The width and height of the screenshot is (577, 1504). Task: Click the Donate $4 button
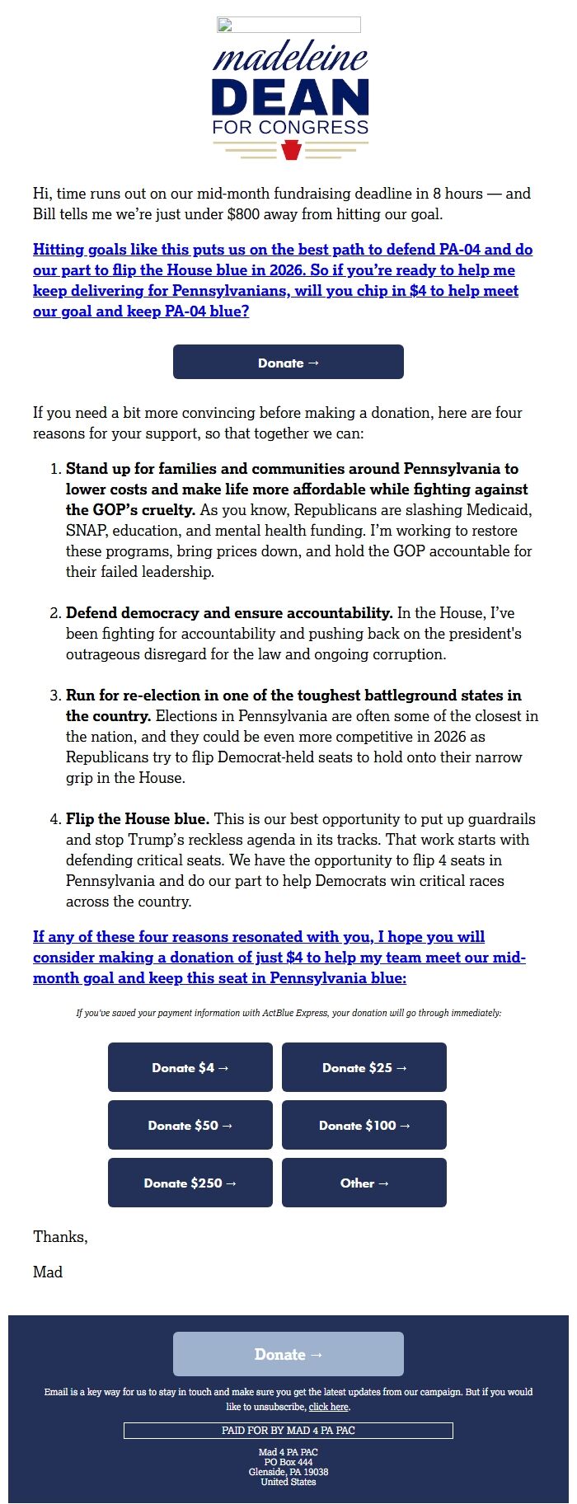[x=190, y=1067]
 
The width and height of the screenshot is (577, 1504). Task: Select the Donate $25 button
[x=364, y=1067]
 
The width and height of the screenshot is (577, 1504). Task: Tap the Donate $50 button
[x=190, y=1125]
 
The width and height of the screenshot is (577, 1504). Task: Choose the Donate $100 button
[x=364, y=1125]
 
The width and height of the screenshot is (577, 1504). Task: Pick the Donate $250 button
[x=190, y=1183]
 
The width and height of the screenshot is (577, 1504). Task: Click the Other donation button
[x=364, y=1183]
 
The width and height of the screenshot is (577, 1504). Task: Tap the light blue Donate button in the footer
[x=288, y=1354]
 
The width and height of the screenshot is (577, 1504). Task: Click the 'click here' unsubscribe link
[x=329, y=1407]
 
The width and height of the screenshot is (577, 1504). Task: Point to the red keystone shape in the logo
[x=290, y=149]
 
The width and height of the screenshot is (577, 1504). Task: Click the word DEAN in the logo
[x=290, y=97]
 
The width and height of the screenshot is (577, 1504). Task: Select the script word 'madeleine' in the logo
[x=290, y=58]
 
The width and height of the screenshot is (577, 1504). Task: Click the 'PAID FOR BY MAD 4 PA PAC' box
[x=288, y=1430]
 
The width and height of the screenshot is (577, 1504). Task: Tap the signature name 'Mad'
[x=48, y=1272]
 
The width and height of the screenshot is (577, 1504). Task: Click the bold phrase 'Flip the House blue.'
[x=138, y=818]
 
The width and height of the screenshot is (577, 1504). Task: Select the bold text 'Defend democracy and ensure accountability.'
[x=229, y=612]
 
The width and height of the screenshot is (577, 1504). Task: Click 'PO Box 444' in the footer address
[x=288, y=1462]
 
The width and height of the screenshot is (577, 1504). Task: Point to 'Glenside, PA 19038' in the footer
[x=288, y=1472]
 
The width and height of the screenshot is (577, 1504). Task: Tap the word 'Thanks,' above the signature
[x=60, y=1236]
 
